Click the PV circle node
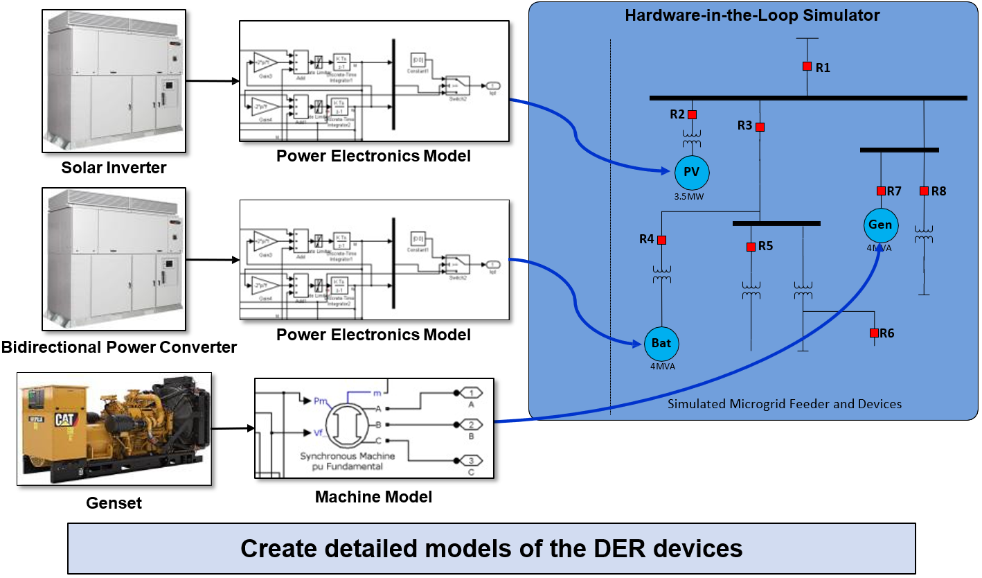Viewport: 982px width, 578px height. point(692,172)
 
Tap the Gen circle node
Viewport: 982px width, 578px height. point(880,225)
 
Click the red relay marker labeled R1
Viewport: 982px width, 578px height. point(807,67)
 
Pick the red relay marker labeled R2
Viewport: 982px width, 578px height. point(692,114)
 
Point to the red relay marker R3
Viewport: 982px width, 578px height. point(760,127)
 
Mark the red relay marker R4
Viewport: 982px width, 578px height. point(661,240)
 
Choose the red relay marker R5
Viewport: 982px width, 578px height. point(751,247)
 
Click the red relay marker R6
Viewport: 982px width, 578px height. point(874,333)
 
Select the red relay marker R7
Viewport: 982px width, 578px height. point(881,191)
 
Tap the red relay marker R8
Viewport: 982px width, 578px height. point(924,191)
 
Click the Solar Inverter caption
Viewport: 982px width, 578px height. point(114,168)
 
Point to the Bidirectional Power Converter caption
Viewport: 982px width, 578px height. point(119,347)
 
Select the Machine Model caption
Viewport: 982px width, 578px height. point(373,497)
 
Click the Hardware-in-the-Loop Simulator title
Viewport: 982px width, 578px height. point(753,15)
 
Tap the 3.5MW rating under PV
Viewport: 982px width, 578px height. point(691,197)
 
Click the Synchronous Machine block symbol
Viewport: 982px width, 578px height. point(348,424)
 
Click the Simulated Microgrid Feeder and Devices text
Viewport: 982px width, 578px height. point(785,403)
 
